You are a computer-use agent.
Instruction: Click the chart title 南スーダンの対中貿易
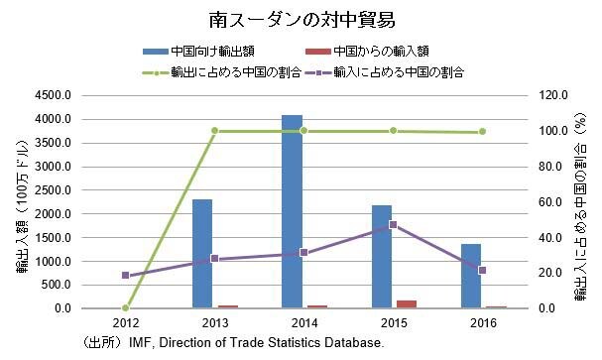pos(301,19)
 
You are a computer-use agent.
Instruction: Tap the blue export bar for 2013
pos(202,254)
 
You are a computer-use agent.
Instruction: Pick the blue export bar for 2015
pos(381,257)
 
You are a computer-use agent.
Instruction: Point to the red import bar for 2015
pos(407,303)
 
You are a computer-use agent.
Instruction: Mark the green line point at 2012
pos(126,307)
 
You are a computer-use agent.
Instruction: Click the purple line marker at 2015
pos(393,225)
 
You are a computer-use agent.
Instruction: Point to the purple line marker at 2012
pos(126,276)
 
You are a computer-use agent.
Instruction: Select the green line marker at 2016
pos(482,132)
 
